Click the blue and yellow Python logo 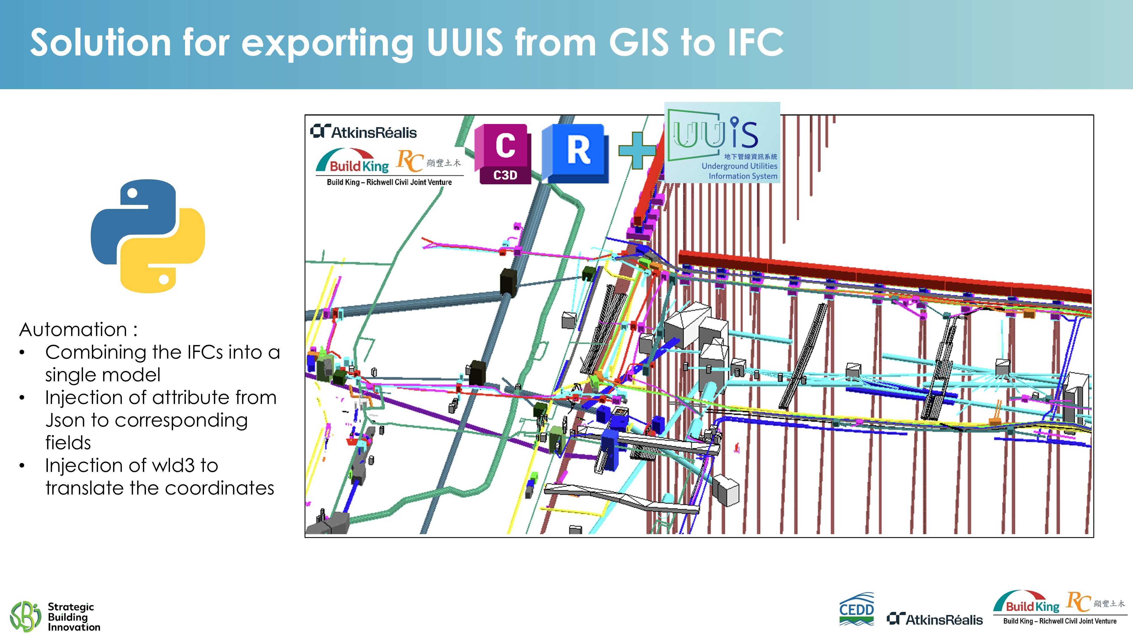pos(148,236)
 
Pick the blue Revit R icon pos(576,153)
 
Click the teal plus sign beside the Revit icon pos(637,150)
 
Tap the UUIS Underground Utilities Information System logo pos(722,142)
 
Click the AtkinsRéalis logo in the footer pos(935,619)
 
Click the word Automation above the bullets pos(73,329)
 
